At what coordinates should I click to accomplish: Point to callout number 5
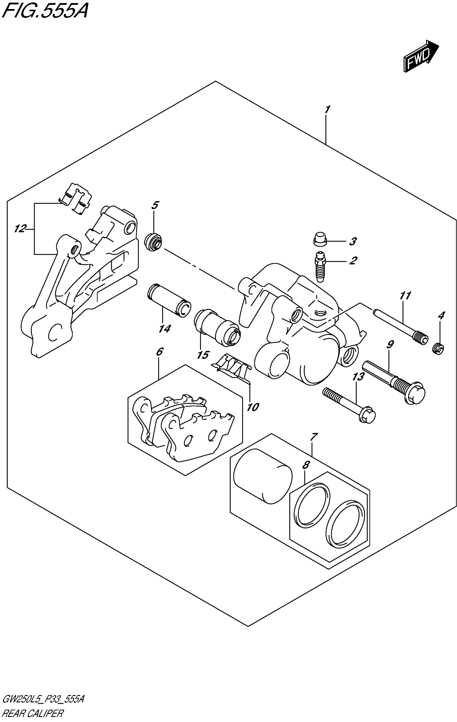point(155,205)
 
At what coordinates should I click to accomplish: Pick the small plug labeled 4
point(438,349)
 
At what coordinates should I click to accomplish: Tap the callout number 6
point(160,352)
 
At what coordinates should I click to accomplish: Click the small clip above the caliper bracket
point(75,198)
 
